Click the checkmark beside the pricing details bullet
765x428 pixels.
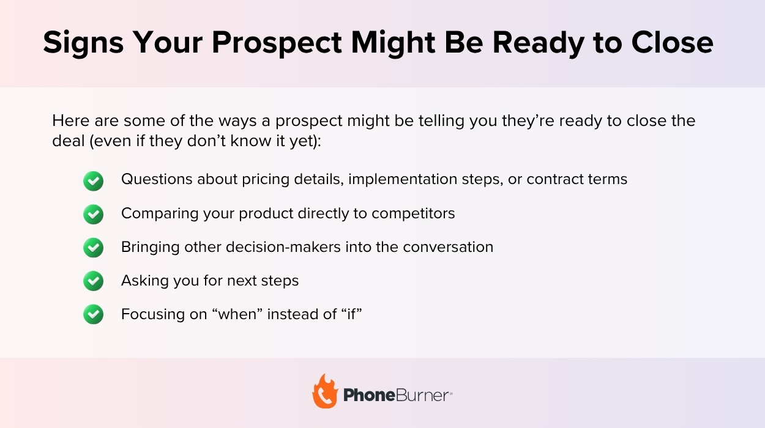point(93,180)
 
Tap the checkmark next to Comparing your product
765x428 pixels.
point(93,214)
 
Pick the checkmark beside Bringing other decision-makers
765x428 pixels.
point(93,248)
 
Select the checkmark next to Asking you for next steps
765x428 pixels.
point(93,281)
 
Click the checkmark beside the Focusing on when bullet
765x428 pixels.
point(93,314)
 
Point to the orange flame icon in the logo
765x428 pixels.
point(324,392)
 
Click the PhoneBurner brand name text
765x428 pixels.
point(397,396)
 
